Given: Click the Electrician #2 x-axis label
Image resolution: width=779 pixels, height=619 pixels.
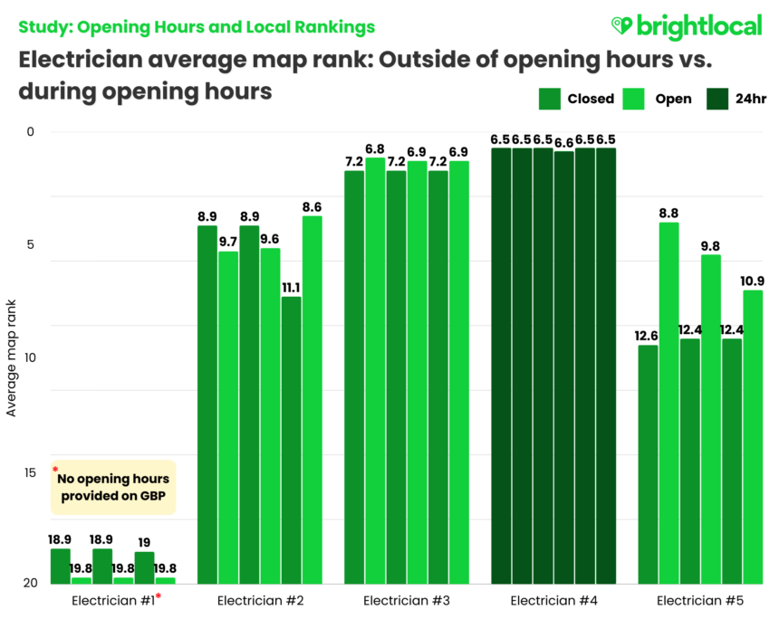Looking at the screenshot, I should [256, 600].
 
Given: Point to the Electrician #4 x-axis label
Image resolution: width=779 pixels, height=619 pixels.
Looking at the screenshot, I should [553, 600].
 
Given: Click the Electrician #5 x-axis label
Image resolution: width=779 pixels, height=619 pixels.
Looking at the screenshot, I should [699, 600].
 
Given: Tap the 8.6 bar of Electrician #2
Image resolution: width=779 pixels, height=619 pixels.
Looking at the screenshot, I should [312, 399].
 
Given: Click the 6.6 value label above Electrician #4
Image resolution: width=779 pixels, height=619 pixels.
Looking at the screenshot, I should [563, 140].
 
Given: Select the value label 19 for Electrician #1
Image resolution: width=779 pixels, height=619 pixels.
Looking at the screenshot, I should [145, 542].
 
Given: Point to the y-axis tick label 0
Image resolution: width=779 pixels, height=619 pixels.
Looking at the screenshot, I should [30, 132].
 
